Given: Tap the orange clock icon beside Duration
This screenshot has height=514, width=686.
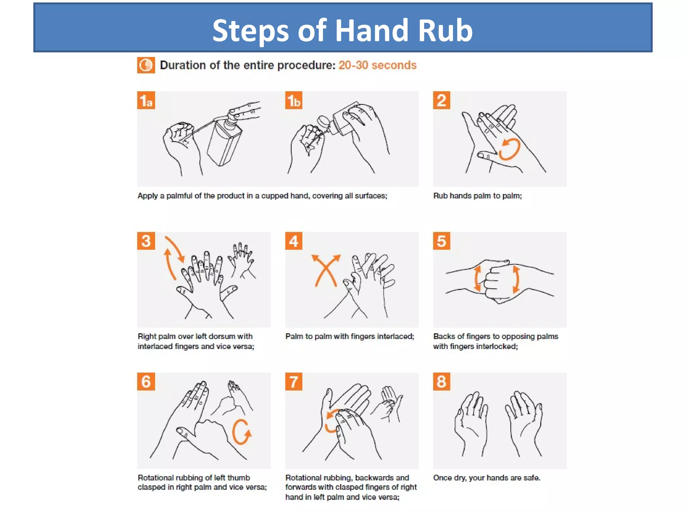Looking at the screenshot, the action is click(x=146, y=65).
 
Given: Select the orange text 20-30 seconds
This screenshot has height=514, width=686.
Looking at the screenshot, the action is click(x=377, y=65).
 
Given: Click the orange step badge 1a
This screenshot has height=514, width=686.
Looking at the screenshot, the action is click(x=146, y=100).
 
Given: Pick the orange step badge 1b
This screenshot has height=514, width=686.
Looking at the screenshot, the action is click(x=293, y=100).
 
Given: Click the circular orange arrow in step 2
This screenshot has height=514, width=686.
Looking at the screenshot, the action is click(x=509, y=149).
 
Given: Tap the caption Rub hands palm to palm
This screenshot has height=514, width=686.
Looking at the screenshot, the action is click(x=477, y=196).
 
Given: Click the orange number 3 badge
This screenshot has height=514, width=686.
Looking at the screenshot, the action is click(x=146, y=241).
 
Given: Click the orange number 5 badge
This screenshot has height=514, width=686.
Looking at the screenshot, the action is click(x=441, y=241).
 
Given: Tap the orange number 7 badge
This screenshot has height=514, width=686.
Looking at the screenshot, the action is click(x=293, y=381).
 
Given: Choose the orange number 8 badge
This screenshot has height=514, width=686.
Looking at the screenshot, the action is click(x=441, y=381).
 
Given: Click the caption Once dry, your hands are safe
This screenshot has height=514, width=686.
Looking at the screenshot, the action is click(x=486, y=478).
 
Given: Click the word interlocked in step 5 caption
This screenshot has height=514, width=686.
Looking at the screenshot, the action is click(x=497, y=346).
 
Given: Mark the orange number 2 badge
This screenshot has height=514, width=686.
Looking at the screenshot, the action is click(x=441, y=100).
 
